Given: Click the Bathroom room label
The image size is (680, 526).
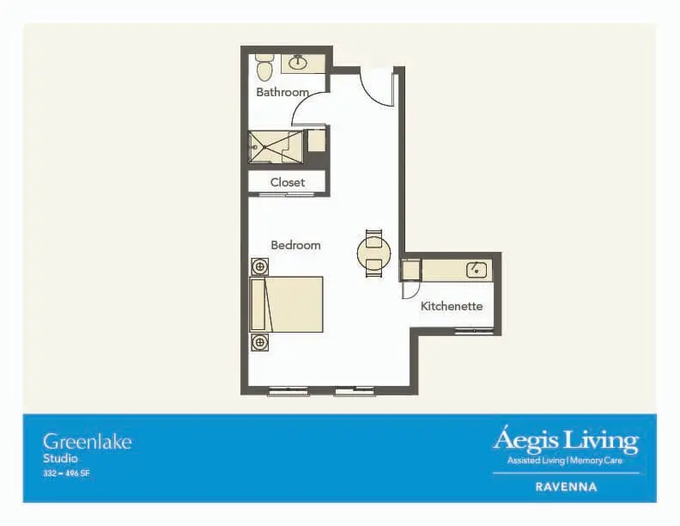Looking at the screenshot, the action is click(x=282, y=92).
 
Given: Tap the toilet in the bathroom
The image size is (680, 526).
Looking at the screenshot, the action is click(x=264, y=68).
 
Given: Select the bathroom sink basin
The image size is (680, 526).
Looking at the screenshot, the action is click(x=298, y=63).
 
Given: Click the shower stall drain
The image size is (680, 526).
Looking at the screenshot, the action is click(x=264, y=147).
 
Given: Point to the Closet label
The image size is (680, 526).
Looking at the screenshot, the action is click(x=288, y=182).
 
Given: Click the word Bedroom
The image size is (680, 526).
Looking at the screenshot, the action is click(x=295, y=245).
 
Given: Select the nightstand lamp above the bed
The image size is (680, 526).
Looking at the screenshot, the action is click(x=260, y=266).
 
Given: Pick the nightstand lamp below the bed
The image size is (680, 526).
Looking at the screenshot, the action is click(x=260, y=342).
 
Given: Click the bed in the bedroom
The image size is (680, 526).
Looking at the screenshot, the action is click(x=287, y=304).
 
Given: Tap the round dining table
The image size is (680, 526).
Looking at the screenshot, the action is click(x=373, y=253).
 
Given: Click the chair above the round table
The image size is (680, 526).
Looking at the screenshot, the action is click(x=373, y=237).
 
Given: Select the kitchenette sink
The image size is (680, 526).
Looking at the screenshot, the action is click(x=477, y=270).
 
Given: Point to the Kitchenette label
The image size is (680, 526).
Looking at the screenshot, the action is click(x=452, y=306).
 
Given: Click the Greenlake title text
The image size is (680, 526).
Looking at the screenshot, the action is click(x=88, y=442).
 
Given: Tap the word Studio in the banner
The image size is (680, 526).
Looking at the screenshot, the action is click(x=60, y=459).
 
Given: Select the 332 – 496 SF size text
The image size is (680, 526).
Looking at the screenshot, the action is click(x=66, y=474).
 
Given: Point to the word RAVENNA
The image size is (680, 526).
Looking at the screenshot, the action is click(x=566, y=487).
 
